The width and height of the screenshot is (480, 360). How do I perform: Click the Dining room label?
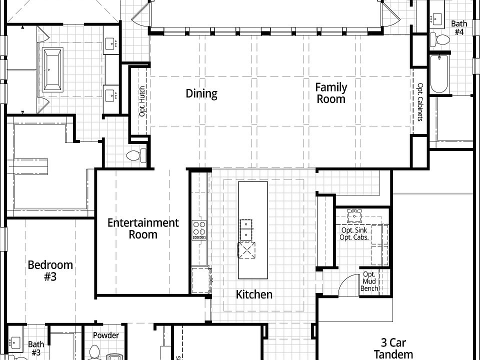point(201,93)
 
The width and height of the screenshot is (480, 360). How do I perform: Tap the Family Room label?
point(330,93)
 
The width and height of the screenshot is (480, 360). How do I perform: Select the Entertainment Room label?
point(143,228)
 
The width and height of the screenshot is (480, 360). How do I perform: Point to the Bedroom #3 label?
point(50,270)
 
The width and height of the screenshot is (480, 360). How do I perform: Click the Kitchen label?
point(254,294)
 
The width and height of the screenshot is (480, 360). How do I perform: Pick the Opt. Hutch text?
point(142,101)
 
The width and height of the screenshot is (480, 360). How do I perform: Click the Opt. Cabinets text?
point(419,102)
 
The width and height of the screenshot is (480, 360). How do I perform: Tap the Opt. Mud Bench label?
point(369,281)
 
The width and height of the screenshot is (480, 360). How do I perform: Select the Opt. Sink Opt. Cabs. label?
point(354,233)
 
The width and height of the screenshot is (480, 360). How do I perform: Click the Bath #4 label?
point(459,27)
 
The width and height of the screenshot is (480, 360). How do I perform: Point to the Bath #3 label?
point(35,348)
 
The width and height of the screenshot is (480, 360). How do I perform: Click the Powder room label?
point(106,335)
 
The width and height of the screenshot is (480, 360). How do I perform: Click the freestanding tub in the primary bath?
point(53,69)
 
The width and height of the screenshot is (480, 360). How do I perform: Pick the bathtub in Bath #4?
point(438,74)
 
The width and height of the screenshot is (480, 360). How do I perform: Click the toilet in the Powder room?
point(94,353)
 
